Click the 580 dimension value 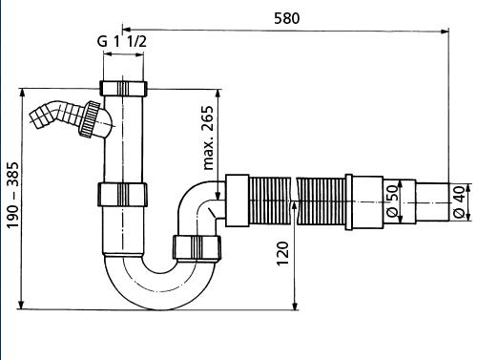coord(286,18)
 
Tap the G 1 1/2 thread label coord(122,42)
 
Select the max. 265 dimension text coord(208,138)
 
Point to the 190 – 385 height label coord(13,195)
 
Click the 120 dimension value coord(282,253)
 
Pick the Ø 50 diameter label coord(392,201)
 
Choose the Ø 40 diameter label coord(459,201)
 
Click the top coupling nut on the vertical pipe coord(123,88)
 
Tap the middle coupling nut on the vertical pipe coord(122,195)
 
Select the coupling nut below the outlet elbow coord(197,247)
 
